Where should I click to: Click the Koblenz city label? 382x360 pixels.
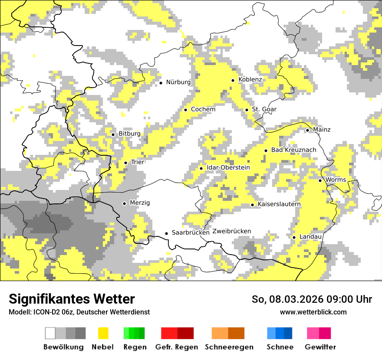coord(250,80)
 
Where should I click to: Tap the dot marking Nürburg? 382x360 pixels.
coord(161,82)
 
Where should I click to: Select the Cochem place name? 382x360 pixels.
coord(203,109)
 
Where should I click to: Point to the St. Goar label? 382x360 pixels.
coord(264,109)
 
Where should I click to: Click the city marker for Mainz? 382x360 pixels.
coord(307,130)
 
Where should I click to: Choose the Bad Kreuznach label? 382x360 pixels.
coord(293,150)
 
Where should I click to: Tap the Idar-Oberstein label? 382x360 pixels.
coord(228,168)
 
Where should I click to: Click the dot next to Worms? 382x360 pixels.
coord(320,180)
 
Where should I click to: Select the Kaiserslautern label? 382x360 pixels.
coord(279,204)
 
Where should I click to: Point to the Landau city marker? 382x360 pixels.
coord(294,237)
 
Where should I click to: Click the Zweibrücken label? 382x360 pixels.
coord(232,231)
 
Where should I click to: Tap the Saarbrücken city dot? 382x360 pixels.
coord(166,233)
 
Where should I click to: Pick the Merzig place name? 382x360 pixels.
coord(140,203)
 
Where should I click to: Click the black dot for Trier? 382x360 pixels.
coord(125,163)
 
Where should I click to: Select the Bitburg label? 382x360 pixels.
coord(129,134)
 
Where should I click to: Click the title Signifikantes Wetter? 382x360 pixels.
coord(72,299)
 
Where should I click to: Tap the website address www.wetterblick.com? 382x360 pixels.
coord(313,312)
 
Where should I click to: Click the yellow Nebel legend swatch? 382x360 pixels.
coord(103,333)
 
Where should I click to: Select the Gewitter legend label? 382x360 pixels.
coord(320,347)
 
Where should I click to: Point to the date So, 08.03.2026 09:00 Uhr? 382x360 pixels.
coord(312,299)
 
